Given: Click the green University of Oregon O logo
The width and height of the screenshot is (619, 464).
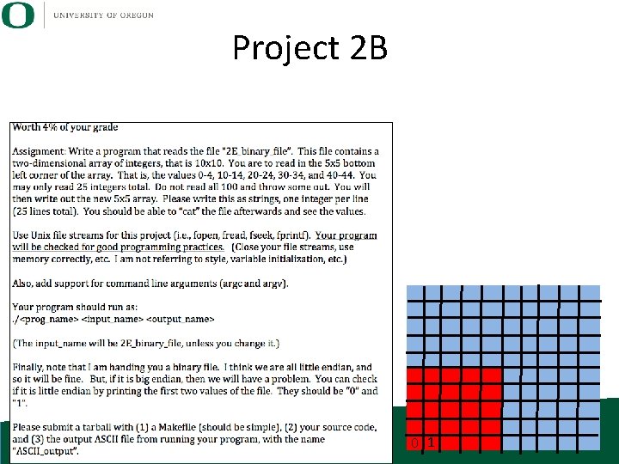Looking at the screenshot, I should coord(18,15).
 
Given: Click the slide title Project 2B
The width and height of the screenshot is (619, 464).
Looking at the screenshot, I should coord(309,48).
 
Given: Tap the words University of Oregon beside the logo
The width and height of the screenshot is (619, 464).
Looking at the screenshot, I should coord(103,15).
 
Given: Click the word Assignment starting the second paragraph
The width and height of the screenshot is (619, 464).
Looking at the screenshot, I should coord(36,152).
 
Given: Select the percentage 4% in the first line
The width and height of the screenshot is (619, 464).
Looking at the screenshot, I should coord(54,128).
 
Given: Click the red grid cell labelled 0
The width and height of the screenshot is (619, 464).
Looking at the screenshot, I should coord(415,443).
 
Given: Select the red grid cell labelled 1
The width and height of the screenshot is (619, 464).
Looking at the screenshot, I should coord(432,443).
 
